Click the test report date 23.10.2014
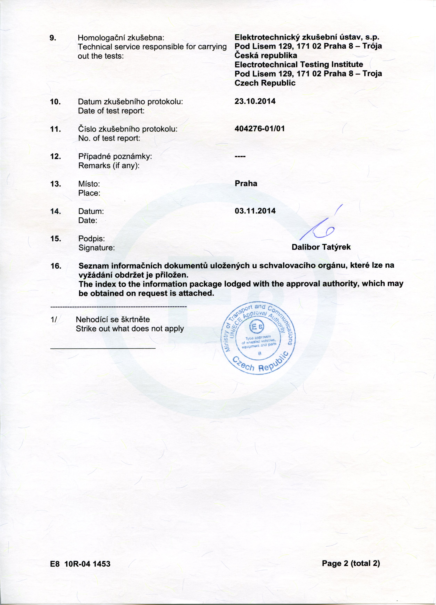click(x=255, y=101)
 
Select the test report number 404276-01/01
click(x=259, y=129)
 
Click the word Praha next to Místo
click(x=246, y=184)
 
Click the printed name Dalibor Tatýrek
click(x=321, y=247)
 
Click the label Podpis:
click(x=91, y=238)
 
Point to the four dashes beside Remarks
click(x=240, y=156)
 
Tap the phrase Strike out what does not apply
click(x=130, y=328)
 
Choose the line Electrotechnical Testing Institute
click(x=299, y=64)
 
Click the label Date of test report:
click(x=111, y=111)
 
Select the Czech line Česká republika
click(x=266, y=55)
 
